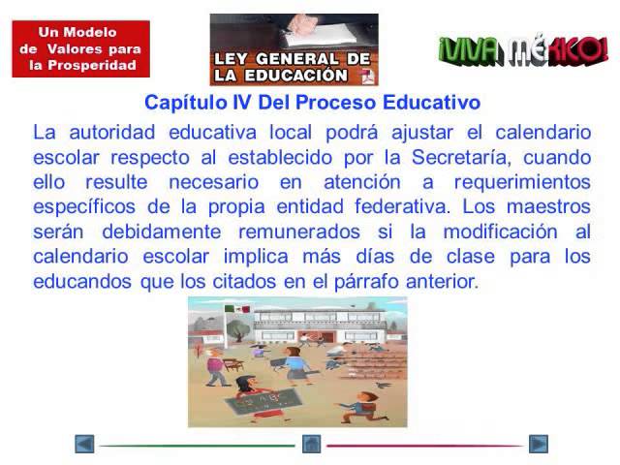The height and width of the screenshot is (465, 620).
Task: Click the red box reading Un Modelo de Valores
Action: (80, 48)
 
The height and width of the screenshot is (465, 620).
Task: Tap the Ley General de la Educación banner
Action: (294, 49)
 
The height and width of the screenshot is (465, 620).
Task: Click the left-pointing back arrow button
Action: (84, 444)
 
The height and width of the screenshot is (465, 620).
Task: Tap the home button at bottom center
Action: (311, 444)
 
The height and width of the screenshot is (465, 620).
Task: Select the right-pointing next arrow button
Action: (538, 444)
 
